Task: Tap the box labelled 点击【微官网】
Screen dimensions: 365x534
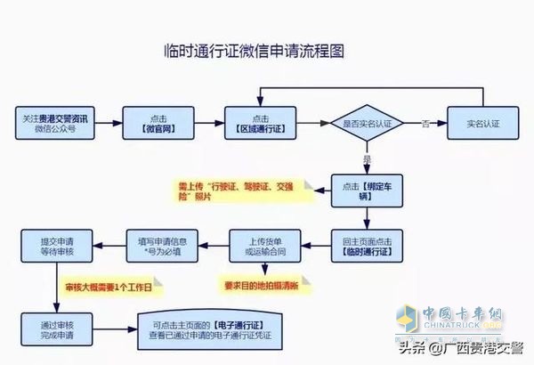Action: [x=158, y=124]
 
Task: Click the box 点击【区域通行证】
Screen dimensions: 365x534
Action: [x=260, y=124]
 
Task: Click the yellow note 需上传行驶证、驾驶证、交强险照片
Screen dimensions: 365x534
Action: [x=240, y=190]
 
